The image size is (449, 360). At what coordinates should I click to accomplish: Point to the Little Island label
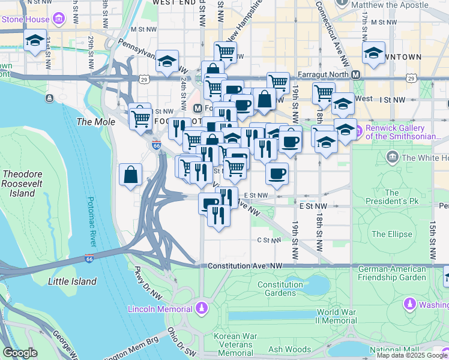(72, 281)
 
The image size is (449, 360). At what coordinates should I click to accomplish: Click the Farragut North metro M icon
(355, 75)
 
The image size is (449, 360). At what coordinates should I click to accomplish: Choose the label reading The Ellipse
(391, 234)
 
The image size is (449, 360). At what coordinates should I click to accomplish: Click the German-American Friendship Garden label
(391, 273)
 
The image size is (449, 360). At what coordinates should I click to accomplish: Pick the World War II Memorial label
(337, 316)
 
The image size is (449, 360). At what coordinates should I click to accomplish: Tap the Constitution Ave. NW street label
(245, 266)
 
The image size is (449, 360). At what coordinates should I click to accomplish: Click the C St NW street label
(269, 241)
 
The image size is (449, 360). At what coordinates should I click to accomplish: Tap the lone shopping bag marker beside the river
(130, 175)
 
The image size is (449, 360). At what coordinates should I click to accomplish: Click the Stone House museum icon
(59, 19)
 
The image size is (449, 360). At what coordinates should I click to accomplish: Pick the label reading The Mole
(91, 122)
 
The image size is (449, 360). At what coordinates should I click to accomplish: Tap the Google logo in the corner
(20, 353)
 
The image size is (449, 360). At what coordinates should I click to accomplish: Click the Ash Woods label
(289, 350)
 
